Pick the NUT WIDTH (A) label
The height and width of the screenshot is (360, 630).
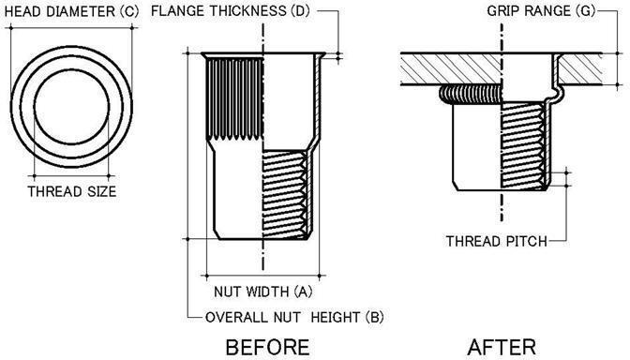pos(263,292)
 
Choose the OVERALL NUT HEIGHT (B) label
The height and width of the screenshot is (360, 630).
pos(292,316)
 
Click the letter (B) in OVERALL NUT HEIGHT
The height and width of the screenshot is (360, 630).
pos(374,316)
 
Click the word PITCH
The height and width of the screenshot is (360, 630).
pos(524,242)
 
